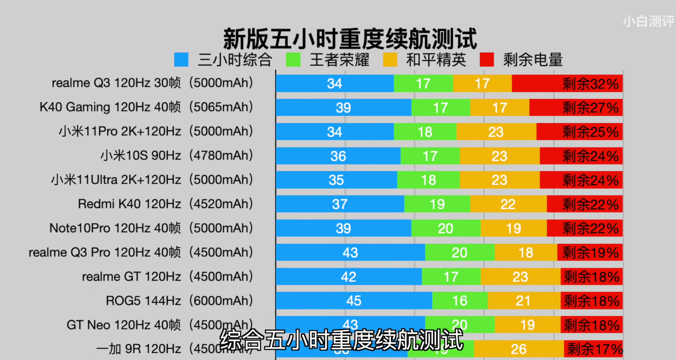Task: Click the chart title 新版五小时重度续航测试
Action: coord(350,39)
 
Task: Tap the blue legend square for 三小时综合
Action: coord(181,59)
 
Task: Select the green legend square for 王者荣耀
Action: coord(293,59)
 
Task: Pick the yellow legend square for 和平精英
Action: coord(390,59)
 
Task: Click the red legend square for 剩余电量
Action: coord(487,59)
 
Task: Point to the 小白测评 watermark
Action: coord(648,21)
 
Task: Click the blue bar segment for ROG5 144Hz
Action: coord(354,301)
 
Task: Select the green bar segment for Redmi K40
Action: coord(437,204)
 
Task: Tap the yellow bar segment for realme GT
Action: coord(520,276)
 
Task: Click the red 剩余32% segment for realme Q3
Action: coord(567,84)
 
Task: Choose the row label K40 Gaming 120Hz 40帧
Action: coord(110,107)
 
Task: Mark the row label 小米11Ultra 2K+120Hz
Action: coord(116,180)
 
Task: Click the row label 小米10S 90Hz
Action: coord(140,156)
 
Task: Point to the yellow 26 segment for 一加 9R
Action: coord(519,349)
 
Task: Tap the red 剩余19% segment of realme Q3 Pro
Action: coord(590,252)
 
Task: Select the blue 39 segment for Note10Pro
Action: coord(343,228)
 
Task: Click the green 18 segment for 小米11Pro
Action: coord(425,132)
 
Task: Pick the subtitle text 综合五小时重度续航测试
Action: coord(342,340)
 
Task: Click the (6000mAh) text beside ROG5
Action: coord(221,301)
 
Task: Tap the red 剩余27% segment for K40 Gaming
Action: coord(576,108)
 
